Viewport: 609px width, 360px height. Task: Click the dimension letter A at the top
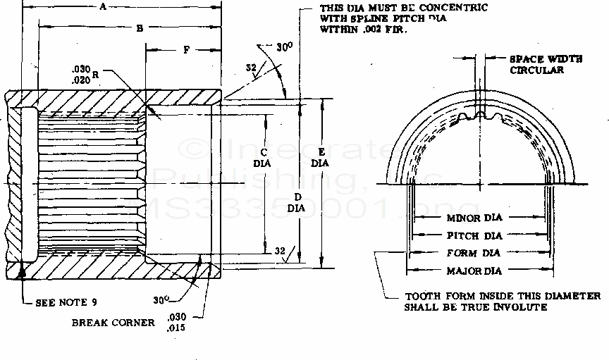pos(103,7)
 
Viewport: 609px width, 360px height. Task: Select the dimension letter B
pos(140,28)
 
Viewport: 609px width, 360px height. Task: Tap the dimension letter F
pos(185,51)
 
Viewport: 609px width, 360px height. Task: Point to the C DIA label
pos(263,156)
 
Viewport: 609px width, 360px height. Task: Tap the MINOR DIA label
pos(474,218)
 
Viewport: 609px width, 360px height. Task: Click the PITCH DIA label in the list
pos(474,236)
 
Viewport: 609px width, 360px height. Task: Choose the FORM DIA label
pos(474,253)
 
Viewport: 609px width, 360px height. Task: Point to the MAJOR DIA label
pos(474,271)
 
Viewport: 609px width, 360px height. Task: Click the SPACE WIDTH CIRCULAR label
pos(546,65)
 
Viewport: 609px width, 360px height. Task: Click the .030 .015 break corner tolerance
pos(177,322)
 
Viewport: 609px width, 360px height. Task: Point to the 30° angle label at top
pos(283,47)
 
